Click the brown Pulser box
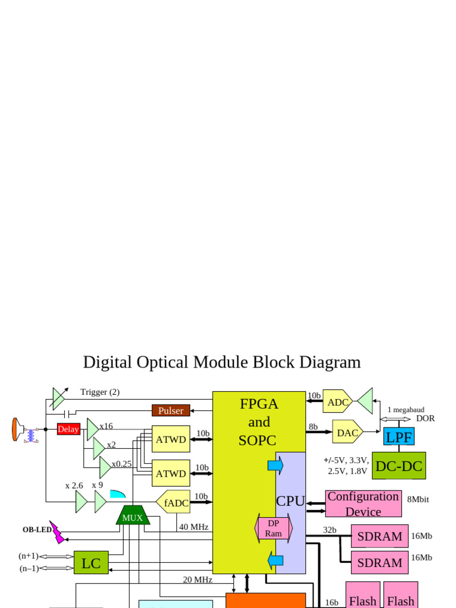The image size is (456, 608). [x=171, y=410]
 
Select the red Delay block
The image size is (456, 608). [x=68, y=429]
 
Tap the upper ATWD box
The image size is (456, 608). [x=171, y=439]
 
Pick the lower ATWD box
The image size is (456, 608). [x=171, y=473]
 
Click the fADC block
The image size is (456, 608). [x=174, y=502]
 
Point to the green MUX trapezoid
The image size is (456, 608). [x=132, y=515]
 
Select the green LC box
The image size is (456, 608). [x=91, y=563]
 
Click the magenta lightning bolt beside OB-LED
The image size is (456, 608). [x=57, y=532]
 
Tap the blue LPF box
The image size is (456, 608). [x=398, y=437]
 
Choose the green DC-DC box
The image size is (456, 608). [x=398, y=466]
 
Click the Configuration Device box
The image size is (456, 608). [x=363, y=503]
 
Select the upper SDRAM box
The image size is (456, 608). [x=379, y=536]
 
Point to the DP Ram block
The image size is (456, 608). [x=273, y=528]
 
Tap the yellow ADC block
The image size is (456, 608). [x=337, y=401]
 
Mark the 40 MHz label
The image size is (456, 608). [x=194, y=527]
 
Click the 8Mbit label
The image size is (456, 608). [x=418, y=499]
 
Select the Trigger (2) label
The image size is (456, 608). [x=100, y=392]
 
